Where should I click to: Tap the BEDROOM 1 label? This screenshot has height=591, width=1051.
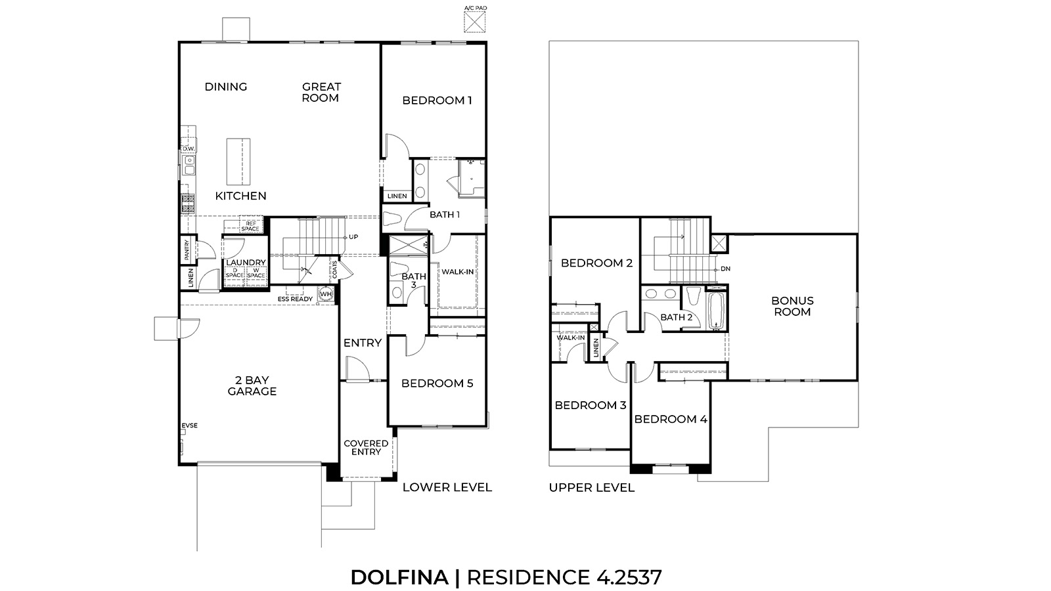pyautogui.click(x=437, y=100)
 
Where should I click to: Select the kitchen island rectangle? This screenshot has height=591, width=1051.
pyautogui.click(x=239, y=162)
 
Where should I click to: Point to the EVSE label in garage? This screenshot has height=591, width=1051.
pyautogui.click(x=189, y=426)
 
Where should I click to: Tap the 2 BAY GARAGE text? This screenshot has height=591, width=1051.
pyautogui.click(x=252, y=385)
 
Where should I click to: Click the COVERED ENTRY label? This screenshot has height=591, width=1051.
pyautogui.click(x=366, y=447)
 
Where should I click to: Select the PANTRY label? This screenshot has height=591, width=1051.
pyautogui.click(x=187, y=250)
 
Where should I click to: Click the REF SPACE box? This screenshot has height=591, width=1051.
pyautogui.click(x=250, y=226)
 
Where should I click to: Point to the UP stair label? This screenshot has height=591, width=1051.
pyautogui.click(x=353, y=237)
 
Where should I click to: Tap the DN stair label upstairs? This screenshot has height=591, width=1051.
pyautogui.click(x=725, y=269)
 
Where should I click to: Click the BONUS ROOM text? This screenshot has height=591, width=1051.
pyautogui.click(x=792, y=306)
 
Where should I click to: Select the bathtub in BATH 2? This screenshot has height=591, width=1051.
pyautogui.click(x=715, y=311)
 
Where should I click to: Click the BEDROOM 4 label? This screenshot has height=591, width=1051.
pyautogui.click(x=671, y=419)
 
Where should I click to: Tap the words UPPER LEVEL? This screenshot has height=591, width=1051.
pyautogui.click(x=592, y=487)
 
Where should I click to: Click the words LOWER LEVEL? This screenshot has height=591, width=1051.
pyautogui.click(x=447, y=487)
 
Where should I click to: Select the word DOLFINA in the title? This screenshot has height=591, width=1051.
pyautogui.click(x=399, y=577)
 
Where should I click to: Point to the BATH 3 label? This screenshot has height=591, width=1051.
pyautogui.click(x=414, y=280)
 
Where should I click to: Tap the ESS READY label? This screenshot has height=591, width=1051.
pyautogui.click(x=295, y=299)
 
